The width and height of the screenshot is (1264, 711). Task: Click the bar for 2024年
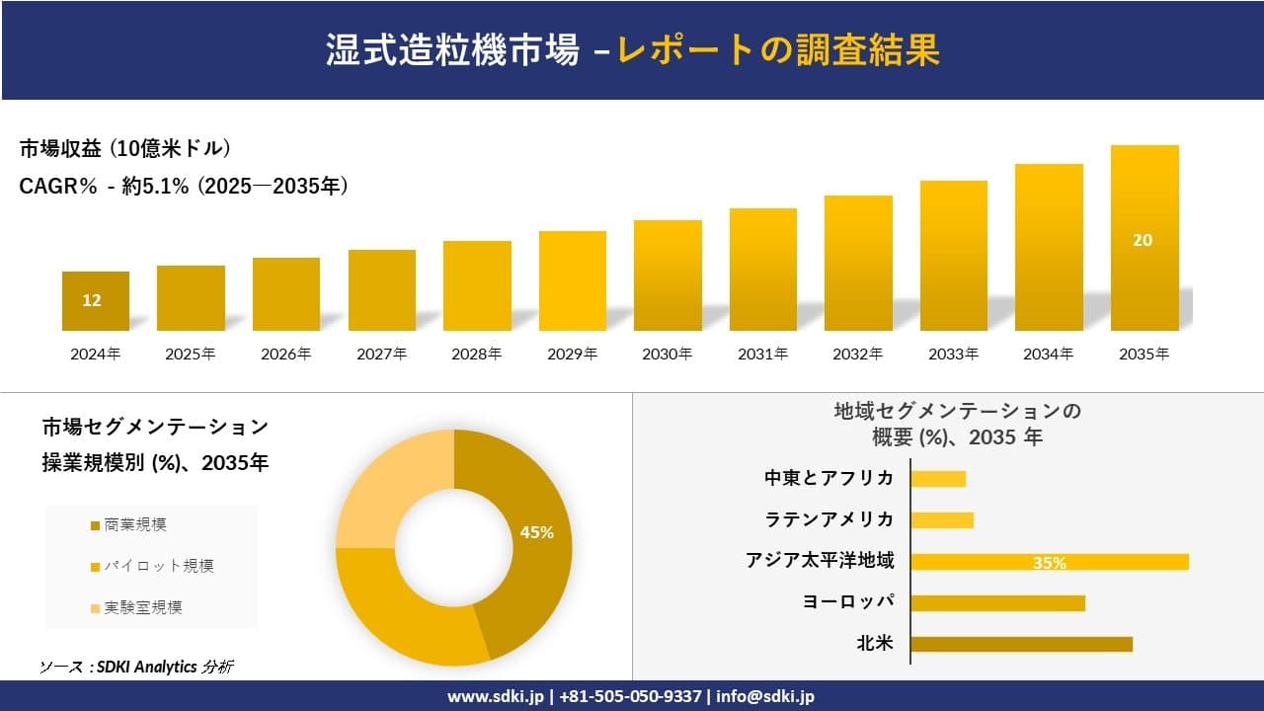pyautogui.click(x=95, y=300)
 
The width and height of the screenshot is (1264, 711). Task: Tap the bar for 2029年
pyautogui.click(x=572, y=280)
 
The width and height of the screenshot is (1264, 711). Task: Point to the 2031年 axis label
pyautogui.click(x=762, y=354)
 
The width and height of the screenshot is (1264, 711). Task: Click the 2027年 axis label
pyautogui.click(x=381, y=354)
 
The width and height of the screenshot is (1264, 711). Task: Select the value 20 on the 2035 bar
pyautogui.click(x=1143, y=240)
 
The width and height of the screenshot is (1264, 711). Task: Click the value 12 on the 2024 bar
pyautogui.click(x=92, y=300)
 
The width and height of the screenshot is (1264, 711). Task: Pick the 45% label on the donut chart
pyautogui.click(x=536, y=532)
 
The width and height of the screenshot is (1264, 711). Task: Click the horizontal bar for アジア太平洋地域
pyautogui.click(x=1049, y=562)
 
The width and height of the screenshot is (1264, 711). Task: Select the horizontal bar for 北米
pyautogui.click(x=1020, y=644)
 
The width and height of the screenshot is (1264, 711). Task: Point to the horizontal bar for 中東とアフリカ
pyautogui.click(x=937, y=479)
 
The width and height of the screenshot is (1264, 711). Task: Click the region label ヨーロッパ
pyautogui.click(x=848, y=602)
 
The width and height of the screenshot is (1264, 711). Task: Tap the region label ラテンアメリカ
pyautogui.click(x=829, y=519)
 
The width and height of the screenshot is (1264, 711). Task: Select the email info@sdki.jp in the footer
pyautogui.click(x=765, y=696)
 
